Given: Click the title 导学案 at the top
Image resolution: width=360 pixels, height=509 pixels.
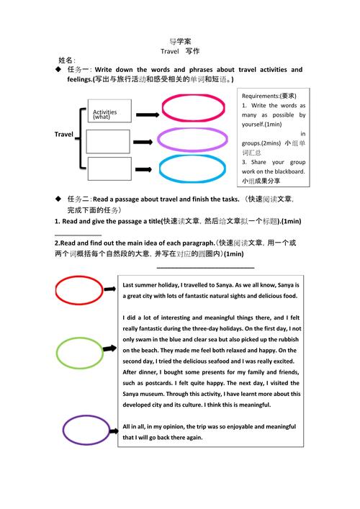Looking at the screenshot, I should click(x=180, y=41).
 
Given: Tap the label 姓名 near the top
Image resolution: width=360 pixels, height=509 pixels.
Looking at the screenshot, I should click(x=66, y=59).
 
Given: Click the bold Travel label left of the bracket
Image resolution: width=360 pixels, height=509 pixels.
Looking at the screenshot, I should click(x=64, y=135).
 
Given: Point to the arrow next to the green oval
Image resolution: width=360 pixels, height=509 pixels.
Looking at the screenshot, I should click(x=110, y=348).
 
